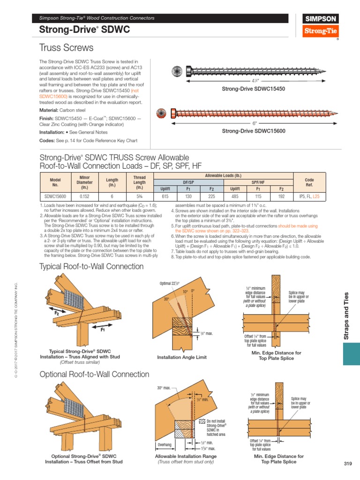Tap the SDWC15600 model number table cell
tap(55, 197)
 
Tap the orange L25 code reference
tap(316, 197)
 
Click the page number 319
tap(347, 464)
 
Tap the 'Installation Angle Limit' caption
tap(181, 357)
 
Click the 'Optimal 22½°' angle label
tap(170, 283)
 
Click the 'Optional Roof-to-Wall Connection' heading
tap(94, 374)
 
